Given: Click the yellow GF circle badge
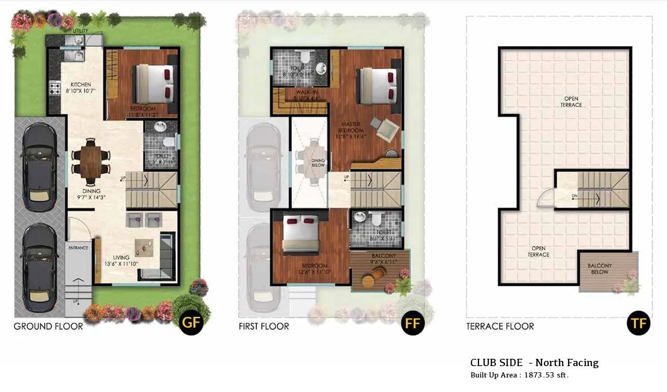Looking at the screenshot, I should click(190, 323).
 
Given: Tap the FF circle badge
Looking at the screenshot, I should click(413, 324).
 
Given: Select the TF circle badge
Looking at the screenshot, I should click(638, 324).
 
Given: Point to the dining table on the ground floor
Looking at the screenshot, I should click(91, 161).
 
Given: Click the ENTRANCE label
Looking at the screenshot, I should click(78, 248).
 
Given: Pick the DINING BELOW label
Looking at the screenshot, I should click(318, 162).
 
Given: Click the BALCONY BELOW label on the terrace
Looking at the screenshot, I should click(600, 269).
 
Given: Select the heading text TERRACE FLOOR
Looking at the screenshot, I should click(500, 326).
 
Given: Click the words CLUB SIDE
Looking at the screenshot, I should click(496, 363).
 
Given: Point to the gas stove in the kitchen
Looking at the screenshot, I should click(55, 88).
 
